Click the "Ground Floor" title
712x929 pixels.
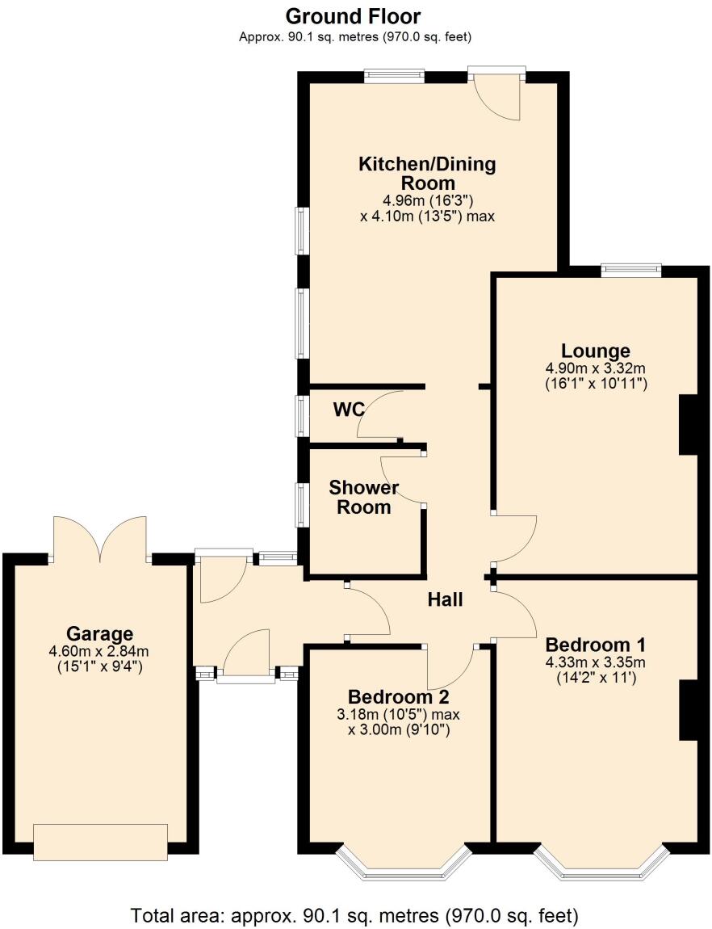(354, 16)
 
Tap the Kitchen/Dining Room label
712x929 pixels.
(427, 174)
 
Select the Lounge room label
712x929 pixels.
(596, 351)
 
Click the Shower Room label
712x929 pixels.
(363, 498)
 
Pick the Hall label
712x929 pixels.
(445, 599)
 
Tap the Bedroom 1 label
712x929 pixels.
(596, 645)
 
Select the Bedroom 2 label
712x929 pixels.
(398, 697)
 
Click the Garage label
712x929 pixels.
(100, 633)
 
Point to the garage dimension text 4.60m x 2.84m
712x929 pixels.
(100, 651)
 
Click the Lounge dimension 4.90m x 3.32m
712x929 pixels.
(596, 368)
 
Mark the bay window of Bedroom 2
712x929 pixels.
(404, 863)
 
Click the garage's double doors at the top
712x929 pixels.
(100, 540)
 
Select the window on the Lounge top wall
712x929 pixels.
(630, 270)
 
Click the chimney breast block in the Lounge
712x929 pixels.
(689, 425)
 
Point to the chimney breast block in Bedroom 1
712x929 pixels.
(689, 710)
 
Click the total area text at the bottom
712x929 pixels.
(355, 916)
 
